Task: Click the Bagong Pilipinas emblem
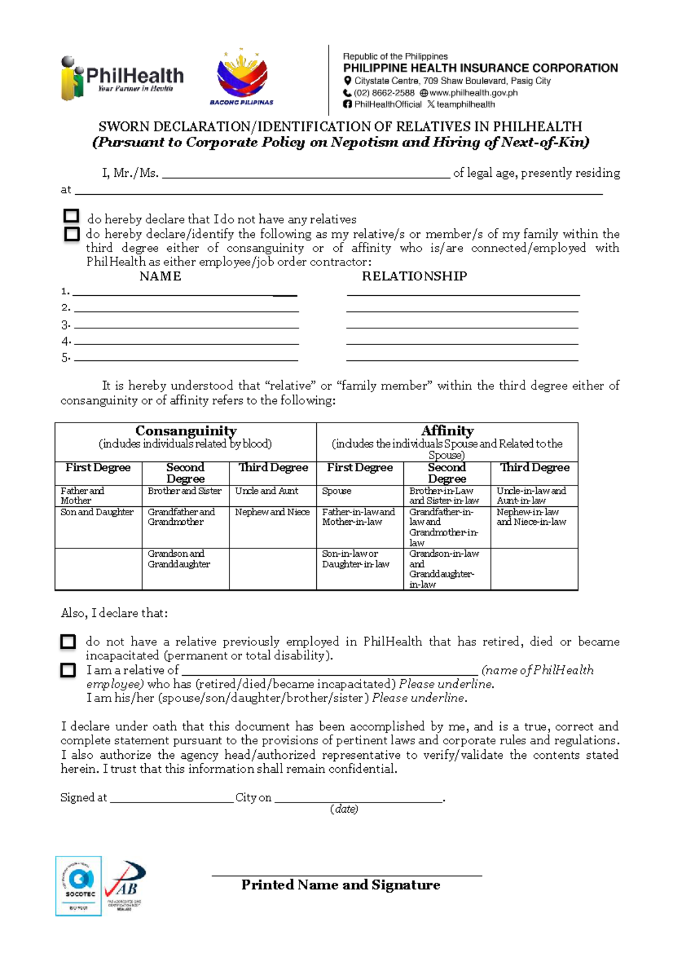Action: click(242, 77)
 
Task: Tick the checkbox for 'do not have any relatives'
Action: click(71, 216)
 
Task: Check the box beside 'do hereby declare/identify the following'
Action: click(72, 233)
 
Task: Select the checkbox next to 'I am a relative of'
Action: click(68, 670)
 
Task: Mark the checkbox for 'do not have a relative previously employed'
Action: click(68, 642)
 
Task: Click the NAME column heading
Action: click(160, 276)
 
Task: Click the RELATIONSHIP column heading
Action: click(414, 276)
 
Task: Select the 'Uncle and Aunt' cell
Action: click(267, 491)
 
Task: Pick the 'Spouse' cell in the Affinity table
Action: click(337, 491)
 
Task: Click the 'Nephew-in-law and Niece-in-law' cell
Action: click(531, 517)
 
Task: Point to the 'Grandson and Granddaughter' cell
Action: click(179, 559)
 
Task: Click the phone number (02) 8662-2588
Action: click(384, 93)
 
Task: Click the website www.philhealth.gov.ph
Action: click(473, 93)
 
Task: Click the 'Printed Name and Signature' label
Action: click(340, 885)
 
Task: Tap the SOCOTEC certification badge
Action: click(79, 886)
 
